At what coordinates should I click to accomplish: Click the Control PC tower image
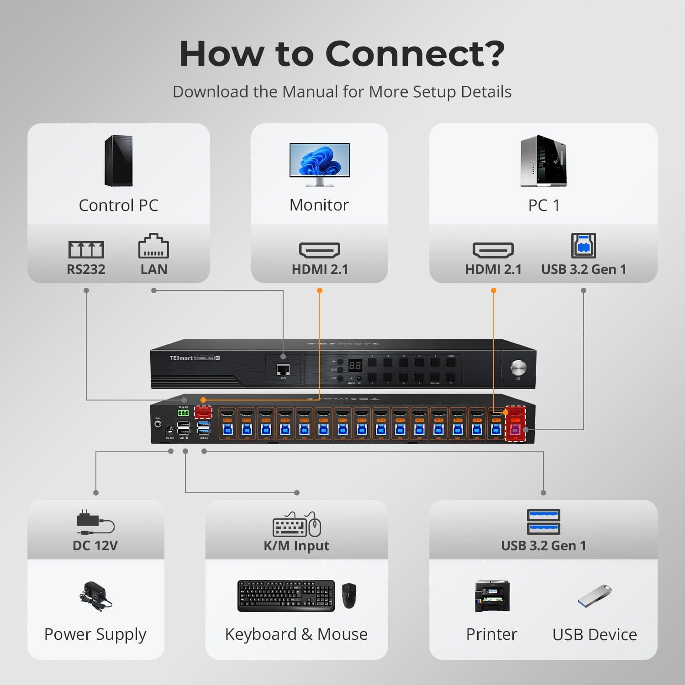coord(119,161)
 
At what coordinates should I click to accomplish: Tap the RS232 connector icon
coord(86,249)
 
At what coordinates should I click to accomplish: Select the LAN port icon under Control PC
coord(153,247)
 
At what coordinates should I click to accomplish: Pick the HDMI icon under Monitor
coord(320,250)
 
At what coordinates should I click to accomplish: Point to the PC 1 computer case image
coord(543,161)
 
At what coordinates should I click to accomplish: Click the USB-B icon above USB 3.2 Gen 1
coord(584,246)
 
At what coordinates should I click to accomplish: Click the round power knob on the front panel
coord(518,367)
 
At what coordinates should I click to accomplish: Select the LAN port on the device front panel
coord(283,369)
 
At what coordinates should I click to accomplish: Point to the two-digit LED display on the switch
coord(355,365)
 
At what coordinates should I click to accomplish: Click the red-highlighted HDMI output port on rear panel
coord(203,412)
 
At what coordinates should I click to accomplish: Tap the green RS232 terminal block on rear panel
coord(183,413)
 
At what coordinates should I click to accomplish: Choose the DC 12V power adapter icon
coord(95,522)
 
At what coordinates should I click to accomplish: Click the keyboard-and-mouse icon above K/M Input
coord(297,525)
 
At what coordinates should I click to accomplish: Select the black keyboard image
coord(286,595)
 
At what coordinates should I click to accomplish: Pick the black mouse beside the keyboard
coord(349,595)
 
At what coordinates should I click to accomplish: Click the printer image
coord(492,596)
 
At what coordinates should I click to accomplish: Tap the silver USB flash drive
coord(595,595)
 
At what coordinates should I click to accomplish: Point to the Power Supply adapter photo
coord(95,596)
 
